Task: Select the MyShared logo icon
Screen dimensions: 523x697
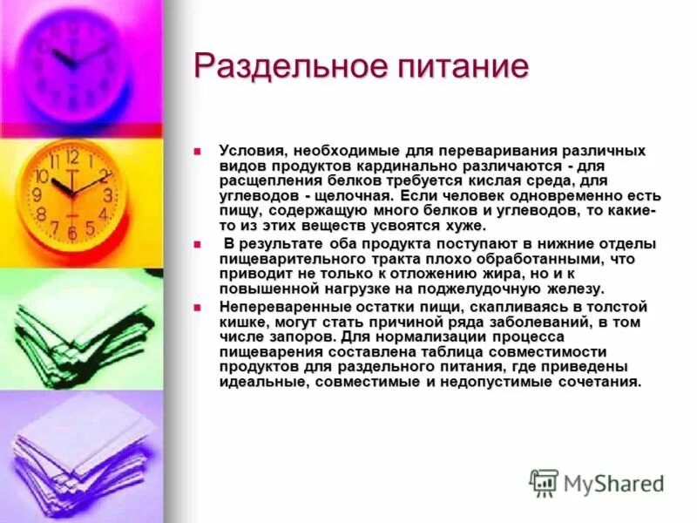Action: click(545, 483)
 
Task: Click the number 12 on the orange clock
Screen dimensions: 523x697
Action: click(72, 158)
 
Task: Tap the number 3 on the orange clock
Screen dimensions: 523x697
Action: click(108, 195)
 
